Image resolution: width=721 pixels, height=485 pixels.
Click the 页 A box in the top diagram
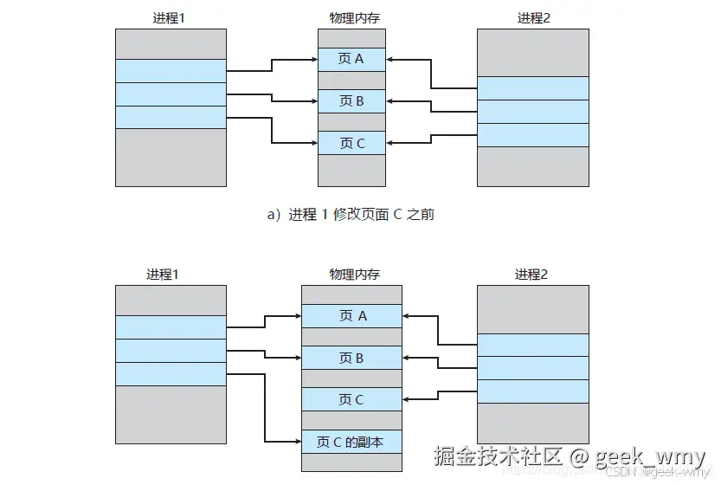point(351,60)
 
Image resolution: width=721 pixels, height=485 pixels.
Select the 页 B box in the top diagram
point(351,101)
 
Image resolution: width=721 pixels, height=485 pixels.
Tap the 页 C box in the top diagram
point(351,143)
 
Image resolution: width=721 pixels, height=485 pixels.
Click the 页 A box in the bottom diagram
point(351,316)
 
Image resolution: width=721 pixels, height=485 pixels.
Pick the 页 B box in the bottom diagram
point(351,358)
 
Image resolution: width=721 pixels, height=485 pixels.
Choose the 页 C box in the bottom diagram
point(351,399)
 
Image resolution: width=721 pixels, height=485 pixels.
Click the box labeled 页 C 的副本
point(351,442)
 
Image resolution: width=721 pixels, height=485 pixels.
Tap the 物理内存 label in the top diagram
point(351,17)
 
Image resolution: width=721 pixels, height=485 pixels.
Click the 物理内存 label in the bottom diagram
point(351,275)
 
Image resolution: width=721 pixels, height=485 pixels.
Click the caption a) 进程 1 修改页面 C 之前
point(351,214)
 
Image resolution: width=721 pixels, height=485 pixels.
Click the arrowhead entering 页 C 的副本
point(297,442)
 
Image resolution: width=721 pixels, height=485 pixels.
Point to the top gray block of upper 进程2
point(533,52)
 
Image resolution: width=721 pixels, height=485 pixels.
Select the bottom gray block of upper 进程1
point(171,156)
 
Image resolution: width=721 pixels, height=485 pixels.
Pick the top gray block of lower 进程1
point(171,300)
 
